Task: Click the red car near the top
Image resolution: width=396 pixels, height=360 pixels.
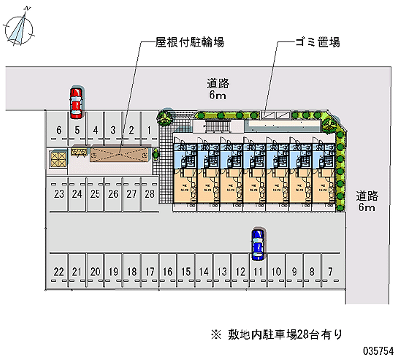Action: pos(76,103)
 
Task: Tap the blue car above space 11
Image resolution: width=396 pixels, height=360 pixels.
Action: pos(257,245)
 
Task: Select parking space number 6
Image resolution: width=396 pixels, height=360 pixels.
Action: pos(58,131)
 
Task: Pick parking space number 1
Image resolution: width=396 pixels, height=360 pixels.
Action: pos(149,131)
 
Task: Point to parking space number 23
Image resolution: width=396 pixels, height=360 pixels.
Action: pos(59,194)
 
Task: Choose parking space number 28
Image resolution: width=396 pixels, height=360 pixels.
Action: pos(149,194)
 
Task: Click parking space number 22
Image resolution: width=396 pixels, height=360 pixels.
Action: pos(59,271)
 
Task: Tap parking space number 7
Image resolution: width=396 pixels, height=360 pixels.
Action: pos(330,271)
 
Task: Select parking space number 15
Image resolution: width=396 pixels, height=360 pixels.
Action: pos(186,271)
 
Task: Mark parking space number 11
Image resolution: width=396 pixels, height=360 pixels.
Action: pos(258,271)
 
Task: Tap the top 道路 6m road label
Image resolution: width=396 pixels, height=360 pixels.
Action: pos(217,89)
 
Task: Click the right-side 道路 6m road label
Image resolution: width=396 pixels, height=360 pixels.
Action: pos(366,201)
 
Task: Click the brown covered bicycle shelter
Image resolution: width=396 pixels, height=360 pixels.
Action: pos(119,154)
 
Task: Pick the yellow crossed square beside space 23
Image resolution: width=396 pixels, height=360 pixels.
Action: pos(58,158)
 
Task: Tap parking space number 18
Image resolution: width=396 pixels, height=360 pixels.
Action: pos(132,271)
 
